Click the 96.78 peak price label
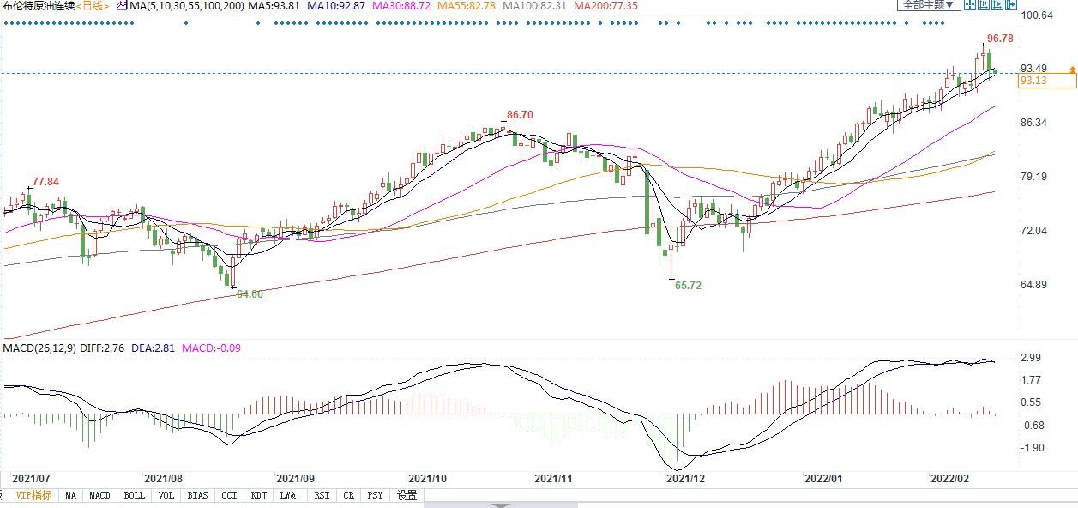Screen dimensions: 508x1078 1000,39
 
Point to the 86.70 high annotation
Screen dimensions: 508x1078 520,114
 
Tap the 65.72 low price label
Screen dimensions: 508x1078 688,285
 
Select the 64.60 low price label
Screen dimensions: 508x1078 250,293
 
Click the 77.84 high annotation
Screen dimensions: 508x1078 45,182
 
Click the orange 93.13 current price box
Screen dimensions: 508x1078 1045,81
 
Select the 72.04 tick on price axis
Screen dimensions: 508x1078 1035,231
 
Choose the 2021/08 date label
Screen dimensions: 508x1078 163,477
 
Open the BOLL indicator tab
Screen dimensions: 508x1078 134,495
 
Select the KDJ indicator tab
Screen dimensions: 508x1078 257,495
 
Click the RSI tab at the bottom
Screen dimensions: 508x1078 322,495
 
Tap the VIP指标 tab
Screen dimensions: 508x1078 33,495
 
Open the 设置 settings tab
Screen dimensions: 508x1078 407,495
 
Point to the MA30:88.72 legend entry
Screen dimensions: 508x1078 400,6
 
